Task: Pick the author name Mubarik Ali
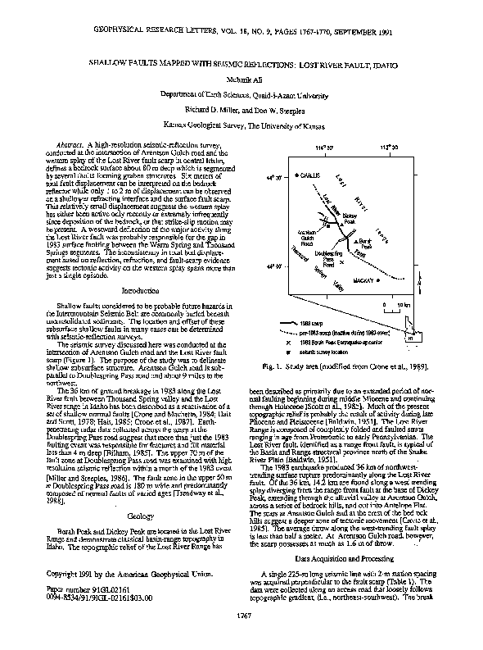point(241,82)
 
